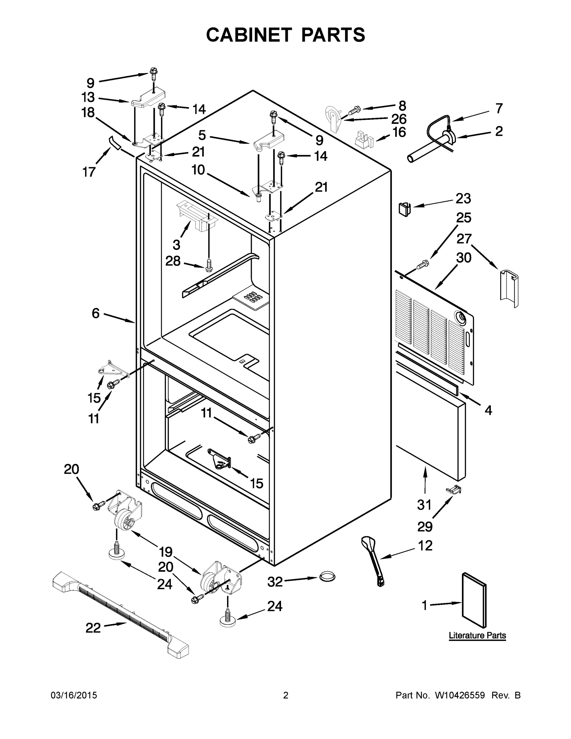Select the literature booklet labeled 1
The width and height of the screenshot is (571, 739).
click(474, 599)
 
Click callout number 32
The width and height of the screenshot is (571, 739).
click(275, 582)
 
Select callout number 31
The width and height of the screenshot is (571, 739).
click(424, 504)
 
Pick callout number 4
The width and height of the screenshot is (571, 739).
click(488, 410)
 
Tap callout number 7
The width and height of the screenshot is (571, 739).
click(499, 108)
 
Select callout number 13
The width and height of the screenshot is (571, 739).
click(88, 97)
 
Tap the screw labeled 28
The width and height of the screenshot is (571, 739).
click(209, 264)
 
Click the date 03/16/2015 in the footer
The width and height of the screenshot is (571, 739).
click(74, 695)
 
